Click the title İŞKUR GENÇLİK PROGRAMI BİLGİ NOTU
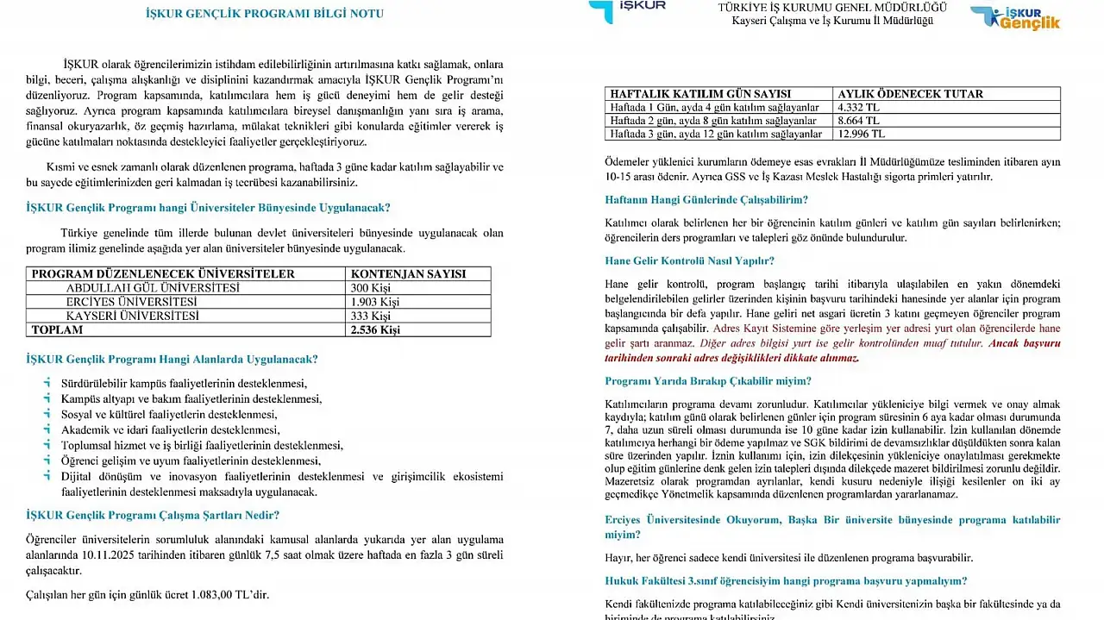pos(265,14)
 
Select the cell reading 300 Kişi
pos(371,288)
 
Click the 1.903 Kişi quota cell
pos(375,302)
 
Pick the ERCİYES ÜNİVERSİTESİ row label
pos(131,302)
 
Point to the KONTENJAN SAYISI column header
pos(408,274)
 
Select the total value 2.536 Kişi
pos(375,329)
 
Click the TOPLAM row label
pos(58,329)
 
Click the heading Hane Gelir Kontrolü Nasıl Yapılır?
pos(689,260)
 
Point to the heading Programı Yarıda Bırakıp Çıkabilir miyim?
pos(708,381)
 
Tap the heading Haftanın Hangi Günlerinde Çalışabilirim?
pos(706,200)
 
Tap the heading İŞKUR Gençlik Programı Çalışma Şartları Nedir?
pos(153,516)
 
